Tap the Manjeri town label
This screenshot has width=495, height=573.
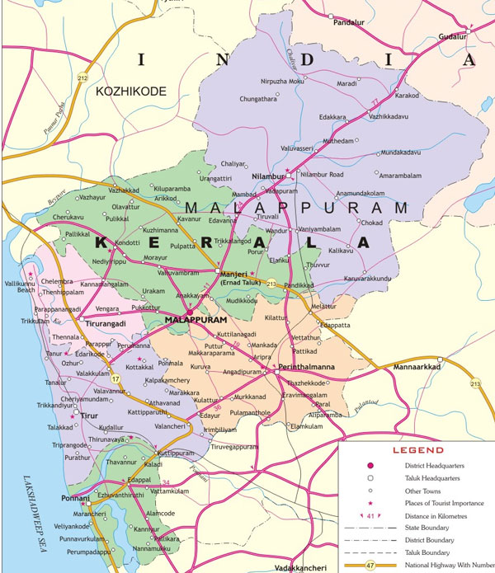[235, 273]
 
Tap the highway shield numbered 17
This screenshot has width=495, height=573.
[116, 379]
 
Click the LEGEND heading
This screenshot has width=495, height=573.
[417, 451]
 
